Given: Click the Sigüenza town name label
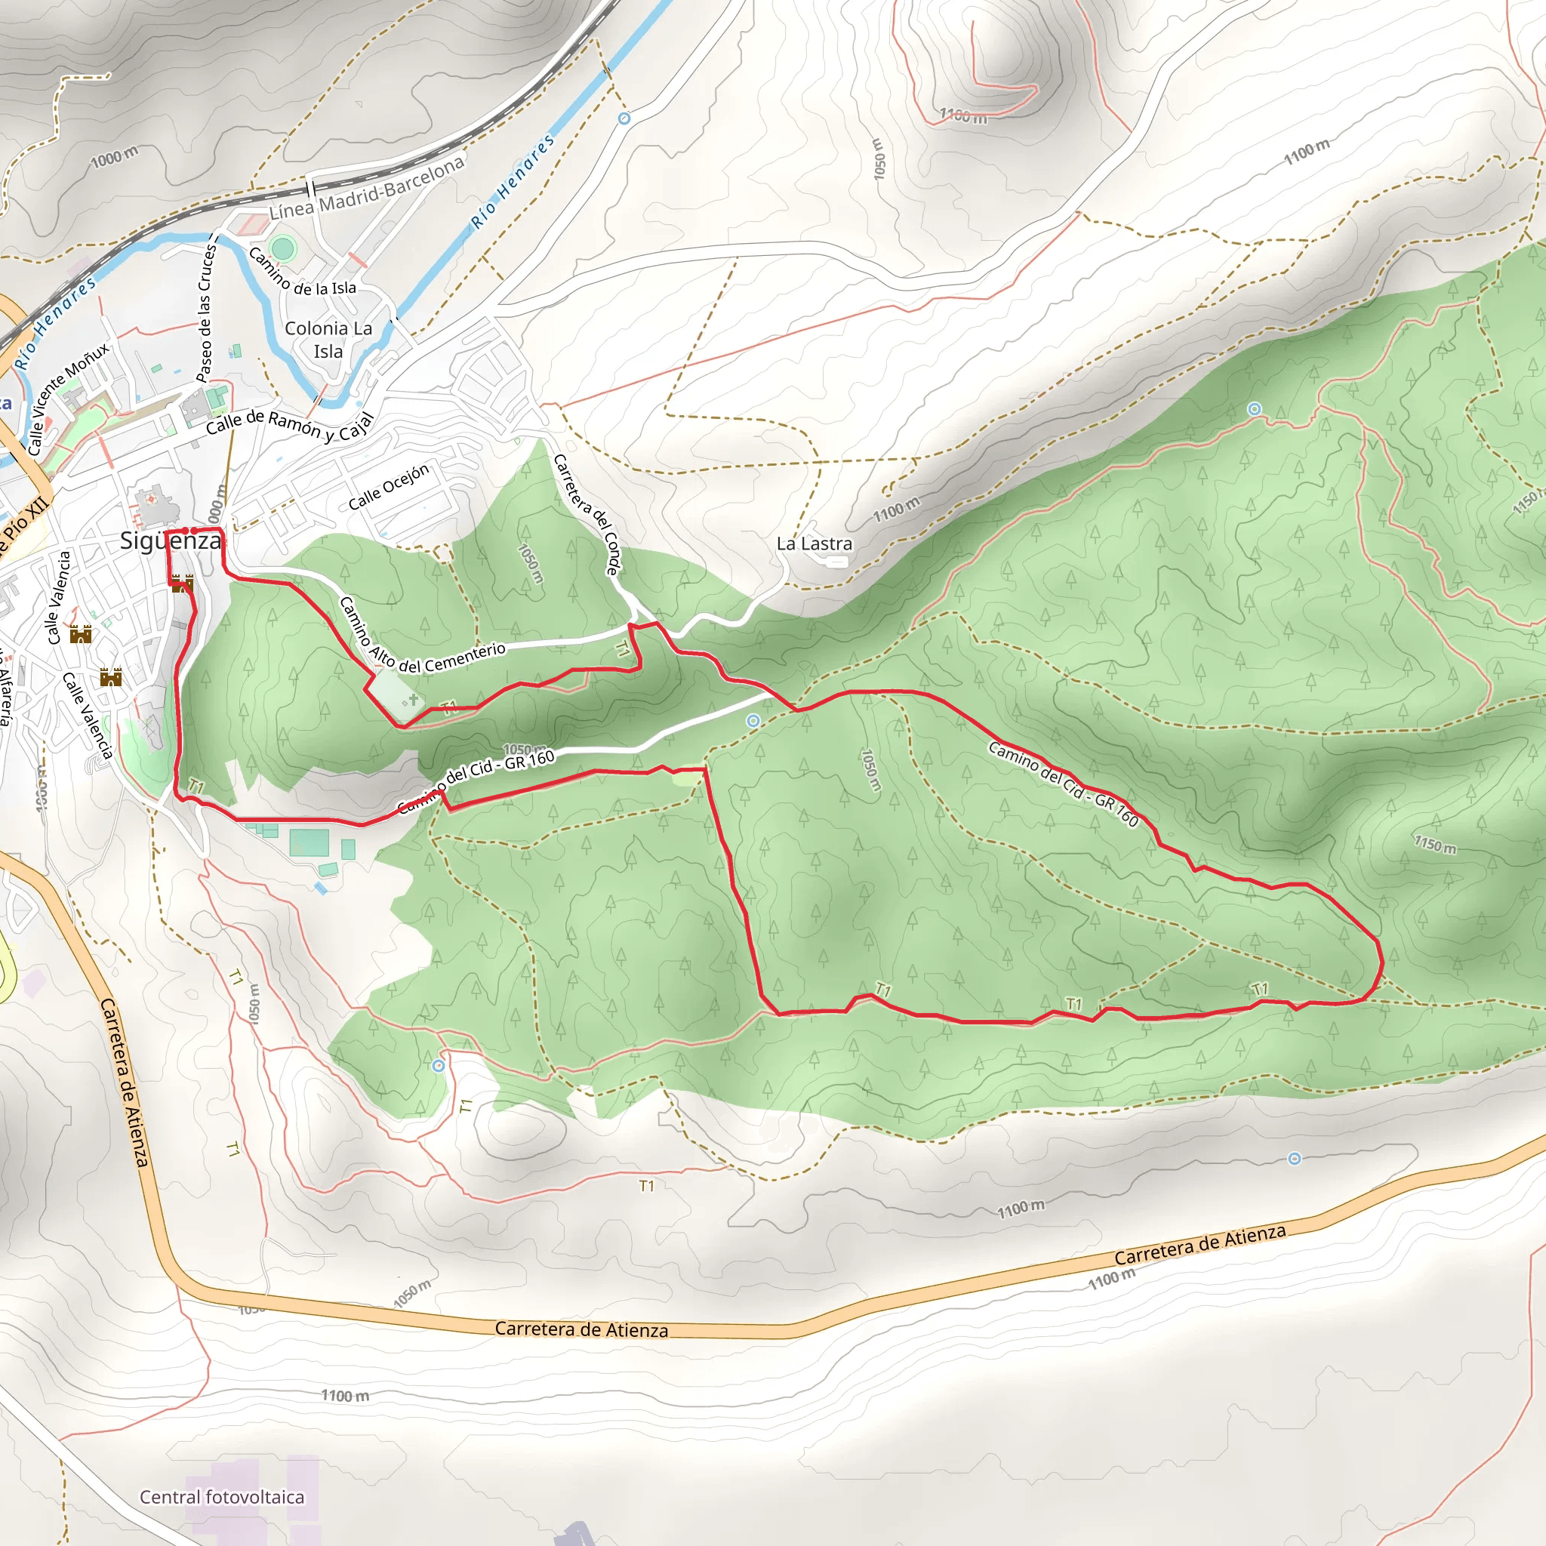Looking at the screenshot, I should pos(171,541).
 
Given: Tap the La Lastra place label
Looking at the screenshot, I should pos(814,544).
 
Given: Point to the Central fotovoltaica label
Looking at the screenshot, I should pos(222,1496).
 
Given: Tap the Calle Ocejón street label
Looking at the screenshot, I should pos(389,487).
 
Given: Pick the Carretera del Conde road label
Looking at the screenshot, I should pos(587,515).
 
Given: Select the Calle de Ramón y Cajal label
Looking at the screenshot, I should pos(290,426).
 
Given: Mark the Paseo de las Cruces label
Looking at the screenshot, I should pos(206,312).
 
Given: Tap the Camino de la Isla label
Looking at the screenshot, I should pos(303,273).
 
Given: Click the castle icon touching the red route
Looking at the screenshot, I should pos(183,584).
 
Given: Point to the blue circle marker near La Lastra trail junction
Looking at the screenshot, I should pos(753,721).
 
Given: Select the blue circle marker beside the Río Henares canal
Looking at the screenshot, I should pos(624,119).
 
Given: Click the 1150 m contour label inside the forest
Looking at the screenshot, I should pos(1434,844).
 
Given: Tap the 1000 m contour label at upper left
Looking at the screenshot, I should pos(115,158).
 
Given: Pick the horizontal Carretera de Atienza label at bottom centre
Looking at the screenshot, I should pos(581,1329).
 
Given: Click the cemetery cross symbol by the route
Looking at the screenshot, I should pos(413,701).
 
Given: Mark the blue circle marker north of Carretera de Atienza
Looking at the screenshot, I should pos(1294,1159).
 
